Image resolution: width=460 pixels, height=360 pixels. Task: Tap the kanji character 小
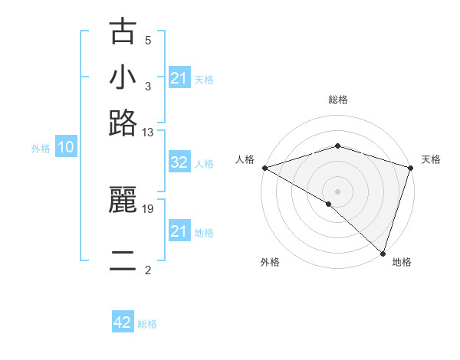(123, 77)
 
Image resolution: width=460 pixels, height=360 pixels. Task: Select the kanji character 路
(123, 123)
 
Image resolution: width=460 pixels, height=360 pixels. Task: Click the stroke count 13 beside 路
(148, 132)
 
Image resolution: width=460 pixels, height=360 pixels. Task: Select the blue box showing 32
(179, 162)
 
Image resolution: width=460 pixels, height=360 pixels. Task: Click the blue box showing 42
(123, 322)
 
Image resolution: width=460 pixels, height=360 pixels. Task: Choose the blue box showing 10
(66, 148)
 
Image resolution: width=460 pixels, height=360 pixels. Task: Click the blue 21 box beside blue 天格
(179, 78)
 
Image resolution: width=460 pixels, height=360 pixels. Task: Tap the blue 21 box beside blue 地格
(179, 231)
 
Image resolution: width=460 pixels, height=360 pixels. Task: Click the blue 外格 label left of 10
(41, 149)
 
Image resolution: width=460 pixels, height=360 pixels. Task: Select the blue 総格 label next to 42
(147, 324)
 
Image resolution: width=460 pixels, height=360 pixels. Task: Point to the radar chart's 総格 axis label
(338, 100)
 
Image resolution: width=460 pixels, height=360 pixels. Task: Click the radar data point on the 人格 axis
(264, 168)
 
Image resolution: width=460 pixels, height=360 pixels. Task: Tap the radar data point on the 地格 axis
(383, 253)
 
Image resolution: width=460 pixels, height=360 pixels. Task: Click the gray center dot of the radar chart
(338, 191)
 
